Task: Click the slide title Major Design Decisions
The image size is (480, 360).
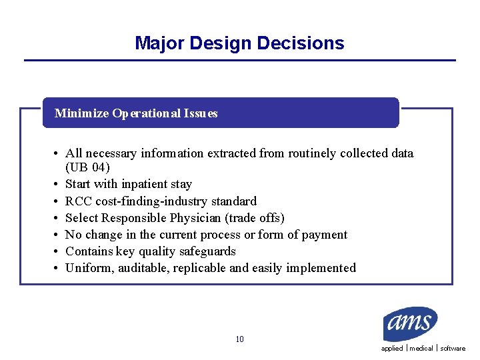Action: pyautogui.click(x=239, y=43)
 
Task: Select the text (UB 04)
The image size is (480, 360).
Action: pyautogui.click(x=87, y=167)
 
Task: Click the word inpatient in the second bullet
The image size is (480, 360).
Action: pyautogui.click(x=144, y=184)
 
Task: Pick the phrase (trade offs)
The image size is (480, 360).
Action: pyautogui.click(x=255, y=218)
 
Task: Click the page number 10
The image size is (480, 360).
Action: pyautogui.click(x=239, y=339)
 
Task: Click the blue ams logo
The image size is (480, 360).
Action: pyautogui.click(x=410, y=324)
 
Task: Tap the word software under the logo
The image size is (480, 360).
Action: pyautogui.click(x=453, y=349)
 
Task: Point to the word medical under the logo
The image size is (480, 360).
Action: pyautogui.click(x=421, y=349)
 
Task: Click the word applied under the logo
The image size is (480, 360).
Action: pyautogui.click(x=392, y=349)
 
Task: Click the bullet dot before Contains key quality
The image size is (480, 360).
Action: pyautogui.click(x=56, y=252)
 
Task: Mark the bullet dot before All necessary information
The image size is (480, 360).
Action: pyautogui.click(x=56, y=154)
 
